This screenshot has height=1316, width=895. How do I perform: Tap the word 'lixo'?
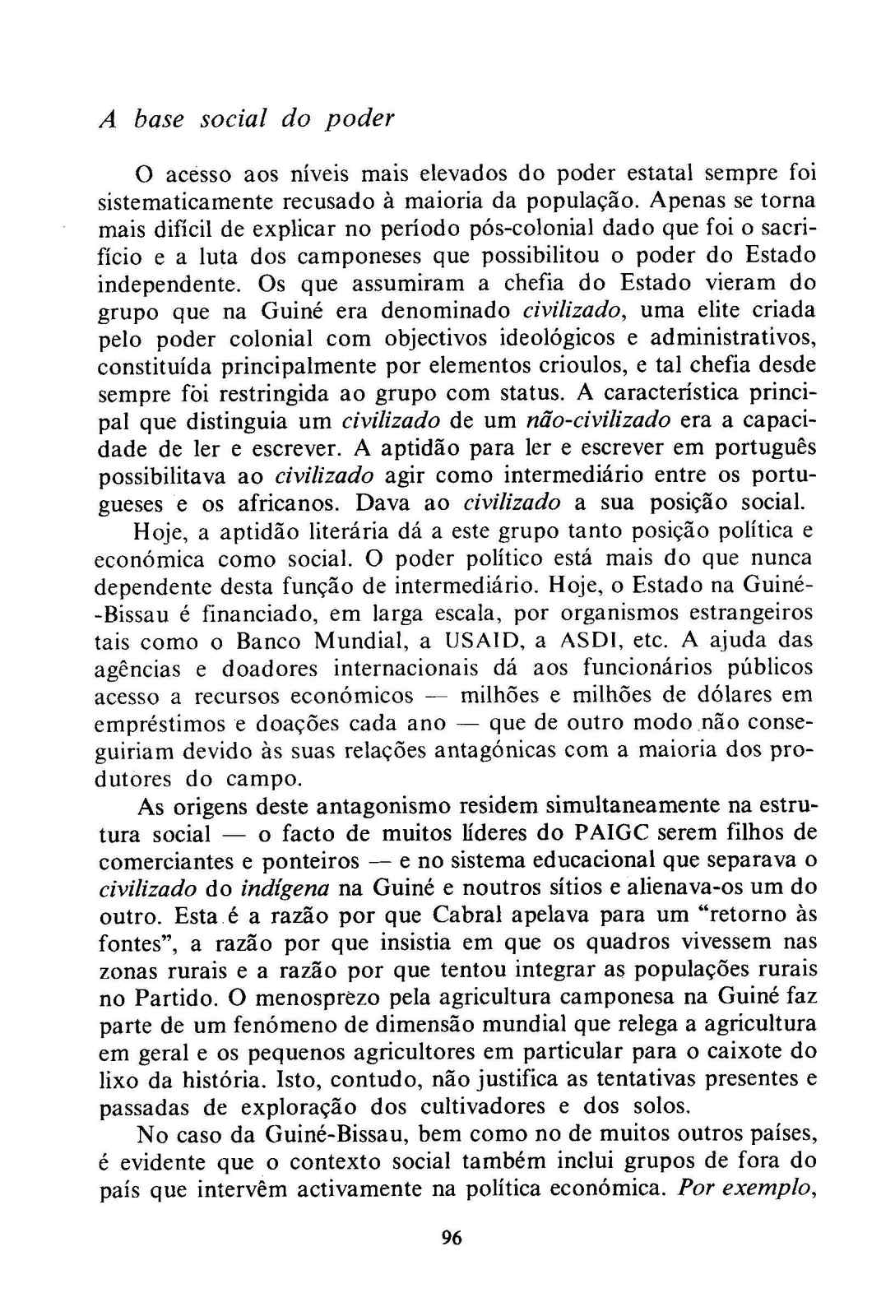tap(116, 1079)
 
